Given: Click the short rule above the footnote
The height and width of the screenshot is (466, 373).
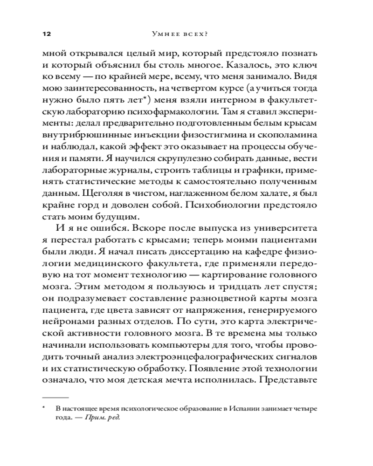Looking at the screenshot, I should [x=55, y=397].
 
